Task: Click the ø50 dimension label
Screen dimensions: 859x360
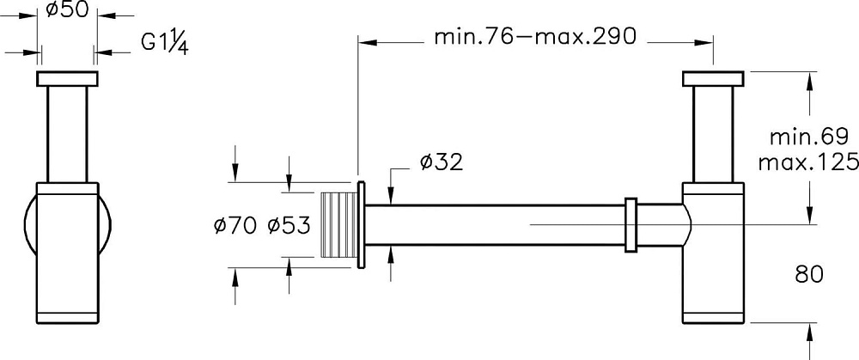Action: point(67,9)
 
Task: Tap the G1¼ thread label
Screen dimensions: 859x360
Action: point(165,42)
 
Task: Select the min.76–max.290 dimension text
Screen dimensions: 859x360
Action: point(535,37)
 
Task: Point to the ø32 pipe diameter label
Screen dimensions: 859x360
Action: point(442,162)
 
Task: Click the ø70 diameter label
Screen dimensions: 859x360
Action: point(235,225)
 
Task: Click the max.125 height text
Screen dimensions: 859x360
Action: point(808,162)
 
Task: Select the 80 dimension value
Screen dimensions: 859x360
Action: point(809,275)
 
